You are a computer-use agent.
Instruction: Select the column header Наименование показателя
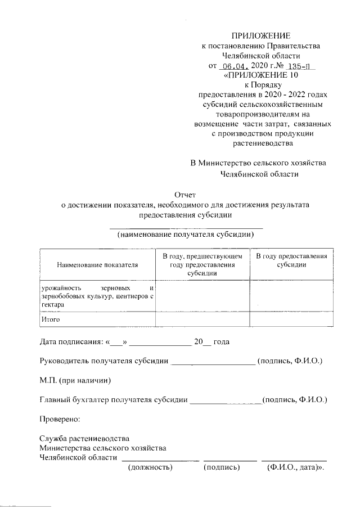point(97,264)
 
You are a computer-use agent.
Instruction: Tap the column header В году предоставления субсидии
point(291,260)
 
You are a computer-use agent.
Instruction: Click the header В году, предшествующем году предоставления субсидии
point(202,264)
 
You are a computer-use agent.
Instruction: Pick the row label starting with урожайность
point(97,295)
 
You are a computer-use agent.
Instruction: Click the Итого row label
point(51,319)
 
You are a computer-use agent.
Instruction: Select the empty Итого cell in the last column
point(291,319)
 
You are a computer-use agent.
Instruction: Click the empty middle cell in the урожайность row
point(202,295)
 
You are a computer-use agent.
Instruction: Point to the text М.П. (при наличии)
point(75,380)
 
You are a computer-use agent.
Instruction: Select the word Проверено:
point(60,419)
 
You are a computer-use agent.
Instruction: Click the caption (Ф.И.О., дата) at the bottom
point(296,467)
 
